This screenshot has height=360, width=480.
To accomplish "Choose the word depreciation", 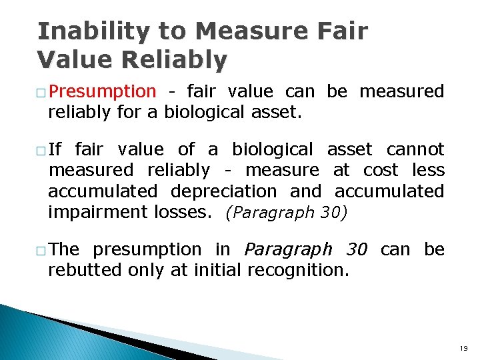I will coord(223,191).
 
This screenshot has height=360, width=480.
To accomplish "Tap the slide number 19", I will coord(463,348).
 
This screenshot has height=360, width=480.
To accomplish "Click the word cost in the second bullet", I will coord(380,170).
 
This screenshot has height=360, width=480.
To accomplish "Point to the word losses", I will coord(183,213).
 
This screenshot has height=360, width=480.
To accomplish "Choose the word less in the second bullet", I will coord(428,170).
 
